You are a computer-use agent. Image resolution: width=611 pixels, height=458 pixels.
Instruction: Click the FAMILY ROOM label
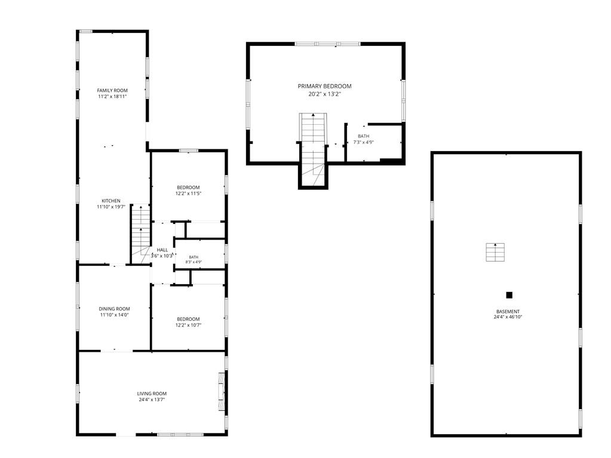(112, 90)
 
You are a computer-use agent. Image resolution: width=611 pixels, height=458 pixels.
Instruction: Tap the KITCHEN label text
(111, 201)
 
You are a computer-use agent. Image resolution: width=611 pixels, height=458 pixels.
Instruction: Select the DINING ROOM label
(114, 309)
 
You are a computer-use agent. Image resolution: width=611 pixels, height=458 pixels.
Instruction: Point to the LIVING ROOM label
(152, 394)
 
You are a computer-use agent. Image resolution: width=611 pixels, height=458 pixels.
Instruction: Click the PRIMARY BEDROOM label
(324, 86)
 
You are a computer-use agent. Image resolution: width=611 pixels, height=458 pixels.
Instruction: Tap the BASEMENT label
(508, 312)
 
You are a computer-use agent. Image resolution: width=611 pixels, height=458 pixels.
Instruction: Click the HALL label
(162, 250)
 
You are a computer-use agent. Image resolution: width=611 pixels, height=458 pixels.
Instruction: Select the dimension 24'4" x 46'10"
(508, 317)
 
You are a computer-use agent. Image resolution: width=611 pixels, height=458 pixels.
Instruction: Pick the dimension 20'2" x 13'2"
(325, 94)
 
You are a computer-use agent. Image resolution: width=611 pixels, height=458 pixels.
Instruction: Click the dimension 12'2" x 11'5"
(188, 193)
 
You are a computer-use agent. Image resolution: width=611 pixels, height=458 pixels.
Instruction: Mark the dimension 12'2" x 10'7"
(188, 325)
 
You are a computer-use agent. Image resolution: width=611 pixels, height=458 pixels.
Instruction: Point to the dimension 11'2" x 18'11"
(112, 96)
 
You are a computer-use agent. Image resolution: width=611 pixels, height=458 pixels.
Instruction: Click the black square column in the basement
(509, 295)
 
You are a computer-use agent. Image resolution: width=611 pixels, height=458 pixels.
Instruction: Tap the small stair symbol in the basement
(495, 252)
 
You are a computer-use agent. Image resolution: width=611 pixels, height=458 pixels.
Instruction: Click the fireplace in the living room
(222, 391)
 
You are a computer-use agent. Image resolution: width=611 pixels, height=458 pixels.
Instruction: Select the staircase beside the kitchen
(141, 233)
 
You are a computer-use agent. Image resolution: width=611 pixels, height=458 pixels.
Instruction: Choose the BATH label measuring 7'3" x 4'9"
(364, 136)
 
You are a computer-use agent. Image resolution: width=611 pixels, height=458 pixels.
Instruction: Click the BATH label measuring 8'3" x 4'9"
(194, 257)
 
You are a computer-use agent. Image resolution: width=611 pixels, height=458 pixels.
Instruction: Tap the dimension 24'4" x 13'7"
(152, 399)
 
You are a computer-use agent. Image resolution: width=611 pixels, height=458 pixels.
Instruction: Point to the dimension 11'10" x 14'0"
(114, 315)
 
